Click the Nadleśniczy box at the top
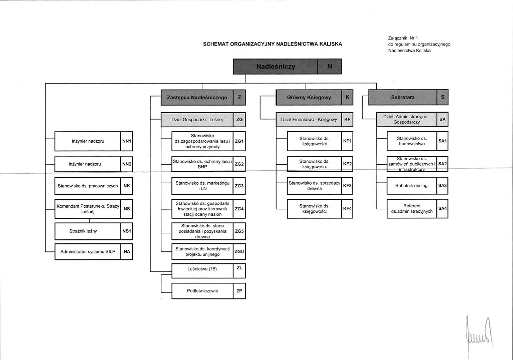coord(276,67)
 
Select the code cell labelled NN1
coord(126,142)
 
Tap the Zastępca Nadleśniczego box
coord(197,97)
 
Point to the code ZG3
coord(239,186)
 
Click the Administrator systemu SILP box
coord(88,251)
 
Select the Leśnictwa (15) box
coord(202,269)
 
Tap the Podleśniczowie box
coord(202,290)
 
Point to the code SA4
coord(442,208)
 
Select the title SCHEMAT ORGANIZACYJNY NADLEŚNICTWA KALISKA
coord(273,44)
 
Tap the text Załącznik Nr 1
coord(402,38)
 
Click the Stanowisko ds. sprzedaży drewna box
coord(314,186)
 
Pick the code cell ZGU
coord(239,252)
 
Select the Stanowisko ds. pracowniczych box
coord(88,186)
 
